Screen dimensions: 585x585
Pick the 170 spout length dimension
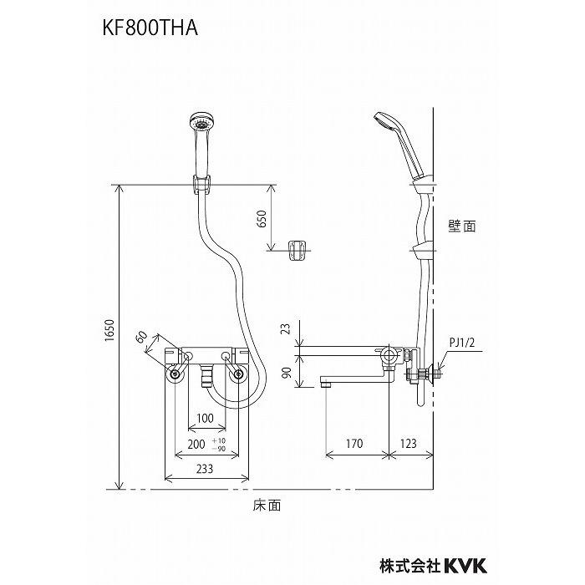[354, 444]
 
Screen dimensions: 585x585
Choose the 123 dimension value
[410, 444]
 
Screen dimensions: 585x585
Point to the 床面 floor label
[267, 506]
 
